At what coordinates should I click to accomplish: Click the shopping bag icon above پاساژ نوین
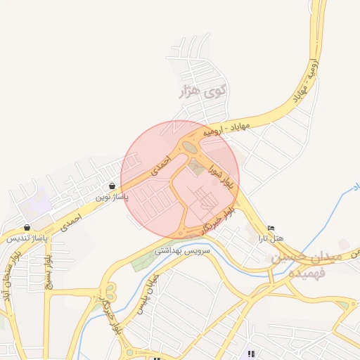pyautogui.click(x=112, y=186)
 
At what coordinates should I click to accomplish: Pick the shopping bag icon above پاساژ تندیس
pyautogui.click(x=27, y=227)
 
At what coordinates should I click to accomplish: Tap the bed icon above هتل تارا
pyautogui.click(x=271, y=228)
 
